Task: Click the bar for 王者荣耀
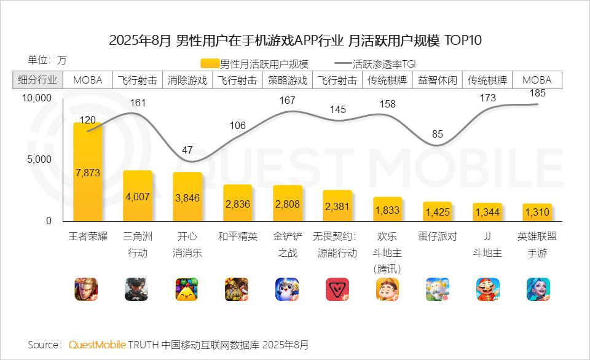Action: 87,172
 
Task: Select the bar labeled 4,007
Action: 137,196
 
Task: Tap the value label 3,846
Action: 187,198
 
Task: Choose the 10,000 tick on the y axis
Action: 36,98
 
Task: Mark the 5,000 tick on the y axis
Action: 39,159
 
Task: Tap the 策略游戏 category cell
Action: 287,80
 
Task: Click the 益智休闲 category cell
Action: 438,80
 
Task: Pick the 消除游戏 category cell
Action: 187,80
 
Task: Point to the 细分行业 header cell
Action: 37,80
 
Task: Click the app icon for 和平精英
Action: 237,289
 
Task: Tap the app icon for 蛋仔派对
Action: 438,289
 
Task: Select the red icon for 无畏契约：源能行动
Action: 337,289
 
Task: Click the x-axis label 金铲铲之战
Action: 288,244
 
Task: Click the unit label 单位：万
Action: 47,60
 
